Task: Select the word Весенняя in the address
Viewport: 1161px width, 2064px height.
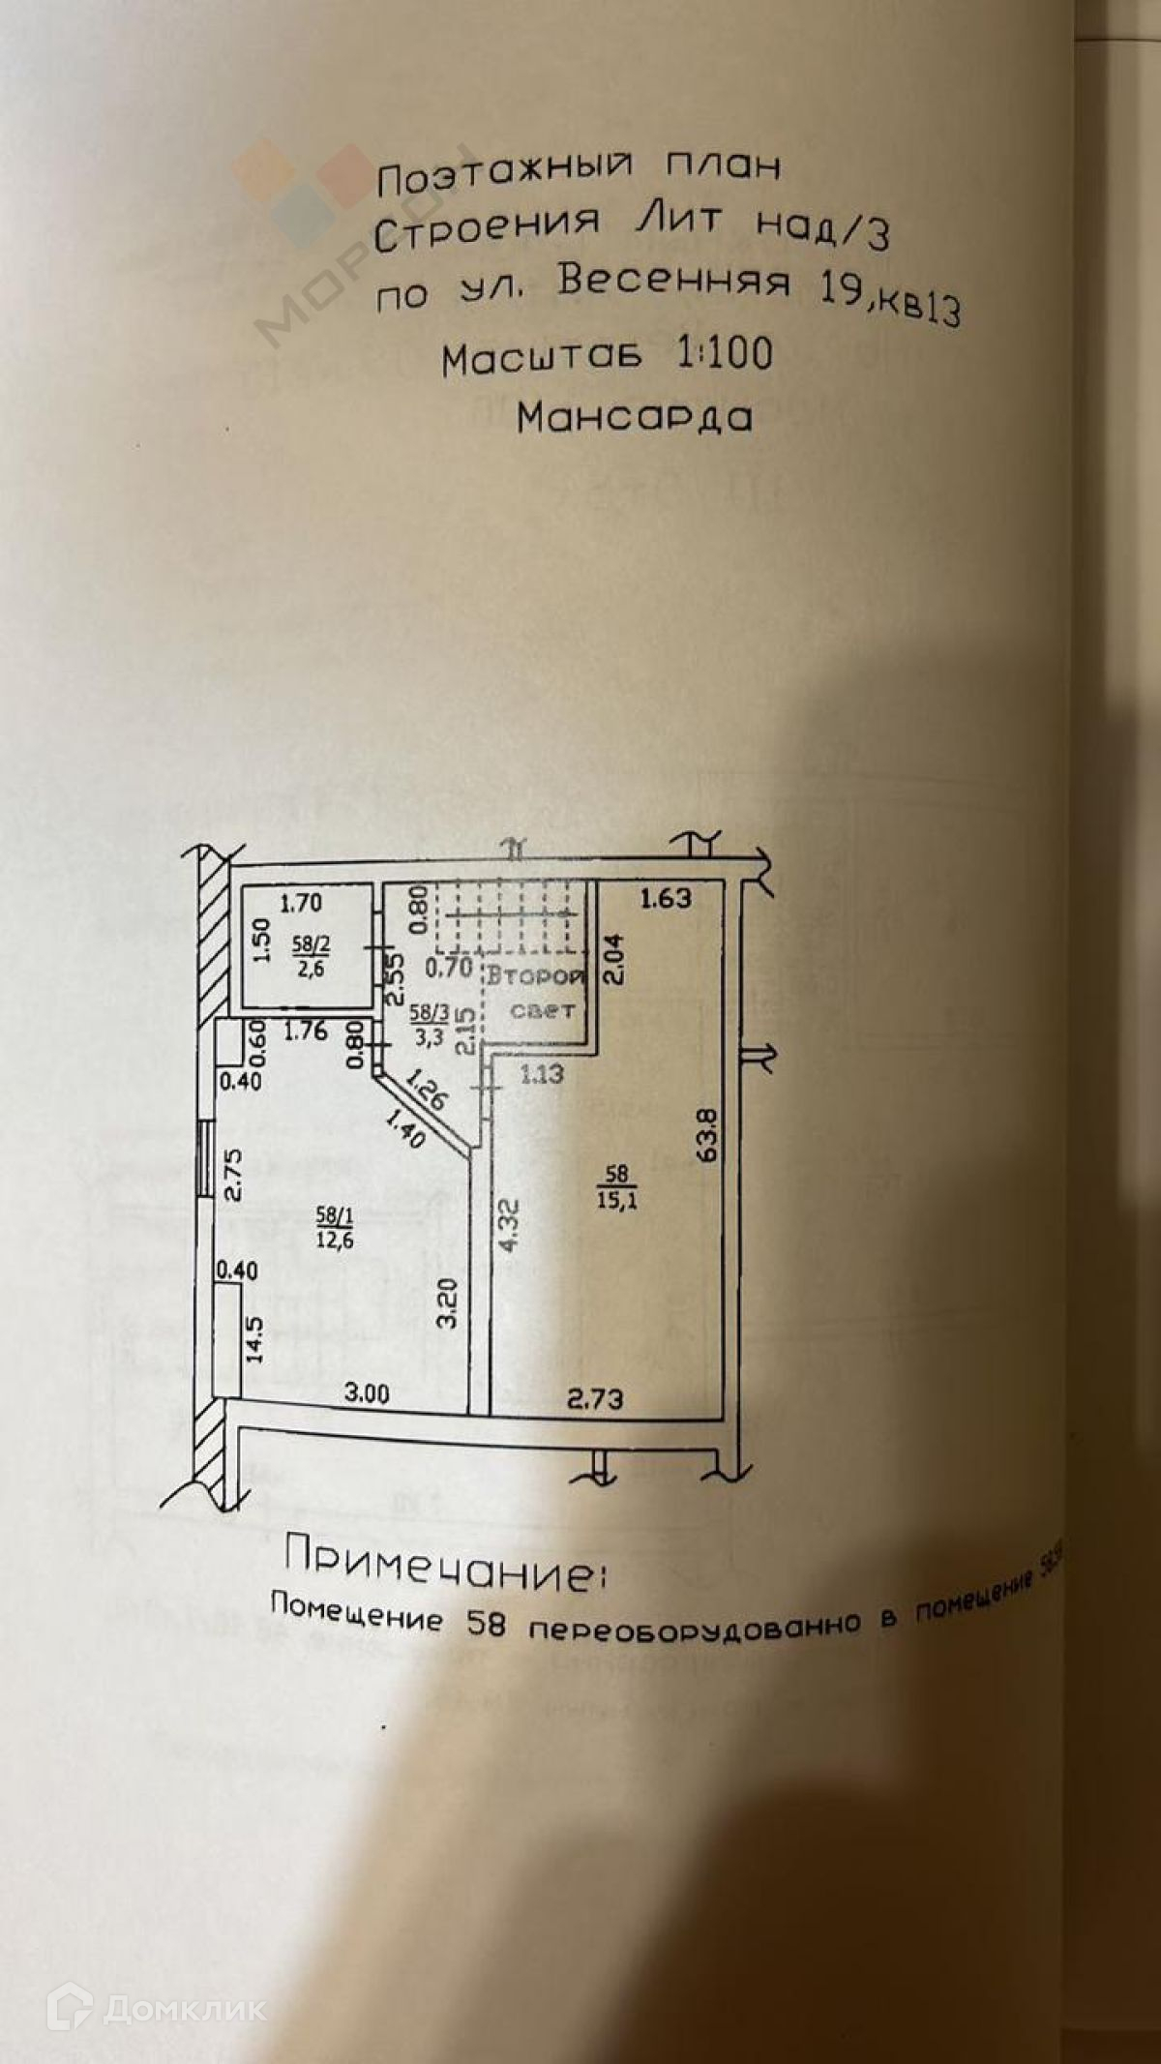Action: (x=673, y=281)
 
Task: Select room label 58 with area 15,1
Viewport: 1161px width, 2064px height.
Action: (x=616, y=1187)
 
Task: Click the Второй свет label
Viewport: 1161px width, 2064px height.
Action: (x=536, y=993)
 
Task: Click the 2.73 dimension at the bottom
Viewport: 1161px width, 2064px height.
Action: (x=595, y=1398)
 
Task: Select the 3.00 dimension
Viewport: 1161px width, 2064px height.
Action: (x=367, y=1393)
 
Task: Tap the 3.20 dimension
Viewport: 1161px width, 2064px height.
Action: (x=446, y=1302)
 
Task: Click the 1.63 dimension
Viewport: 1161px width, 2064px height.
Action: (x=666, y=898)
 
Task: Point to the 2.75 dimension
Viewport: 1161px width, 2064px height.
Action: (x=232, y=1174)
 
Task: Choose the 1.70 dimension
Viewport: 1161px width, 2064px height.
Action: (x=300, y=904)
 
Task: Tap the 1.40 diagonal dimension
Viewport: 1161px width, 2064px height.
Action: (x=404, y=1130)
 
